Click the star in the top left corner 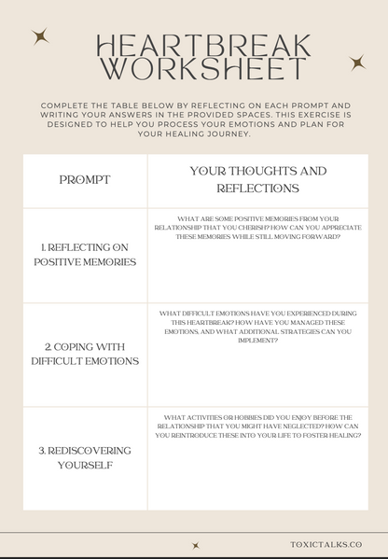click(x=39, y=37)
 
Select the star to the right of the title click(x=356, y=63)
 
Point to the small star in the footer click(x=196, y=545)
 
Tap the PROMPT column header click(x=85, y=179)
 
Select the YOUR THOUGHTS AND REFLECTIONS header click(x=257, y=179)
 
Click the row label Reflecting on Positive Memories click(x=85, y=254)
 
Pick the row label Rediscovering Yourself click(x=85, y=457)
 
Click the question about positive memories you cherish click(x=257, y=228)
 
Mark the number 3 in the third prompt click(x=42, y=450)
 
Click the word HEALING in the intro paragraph click(x=191, y=133)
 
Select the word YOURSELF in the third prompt click(x=85, y=465)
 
